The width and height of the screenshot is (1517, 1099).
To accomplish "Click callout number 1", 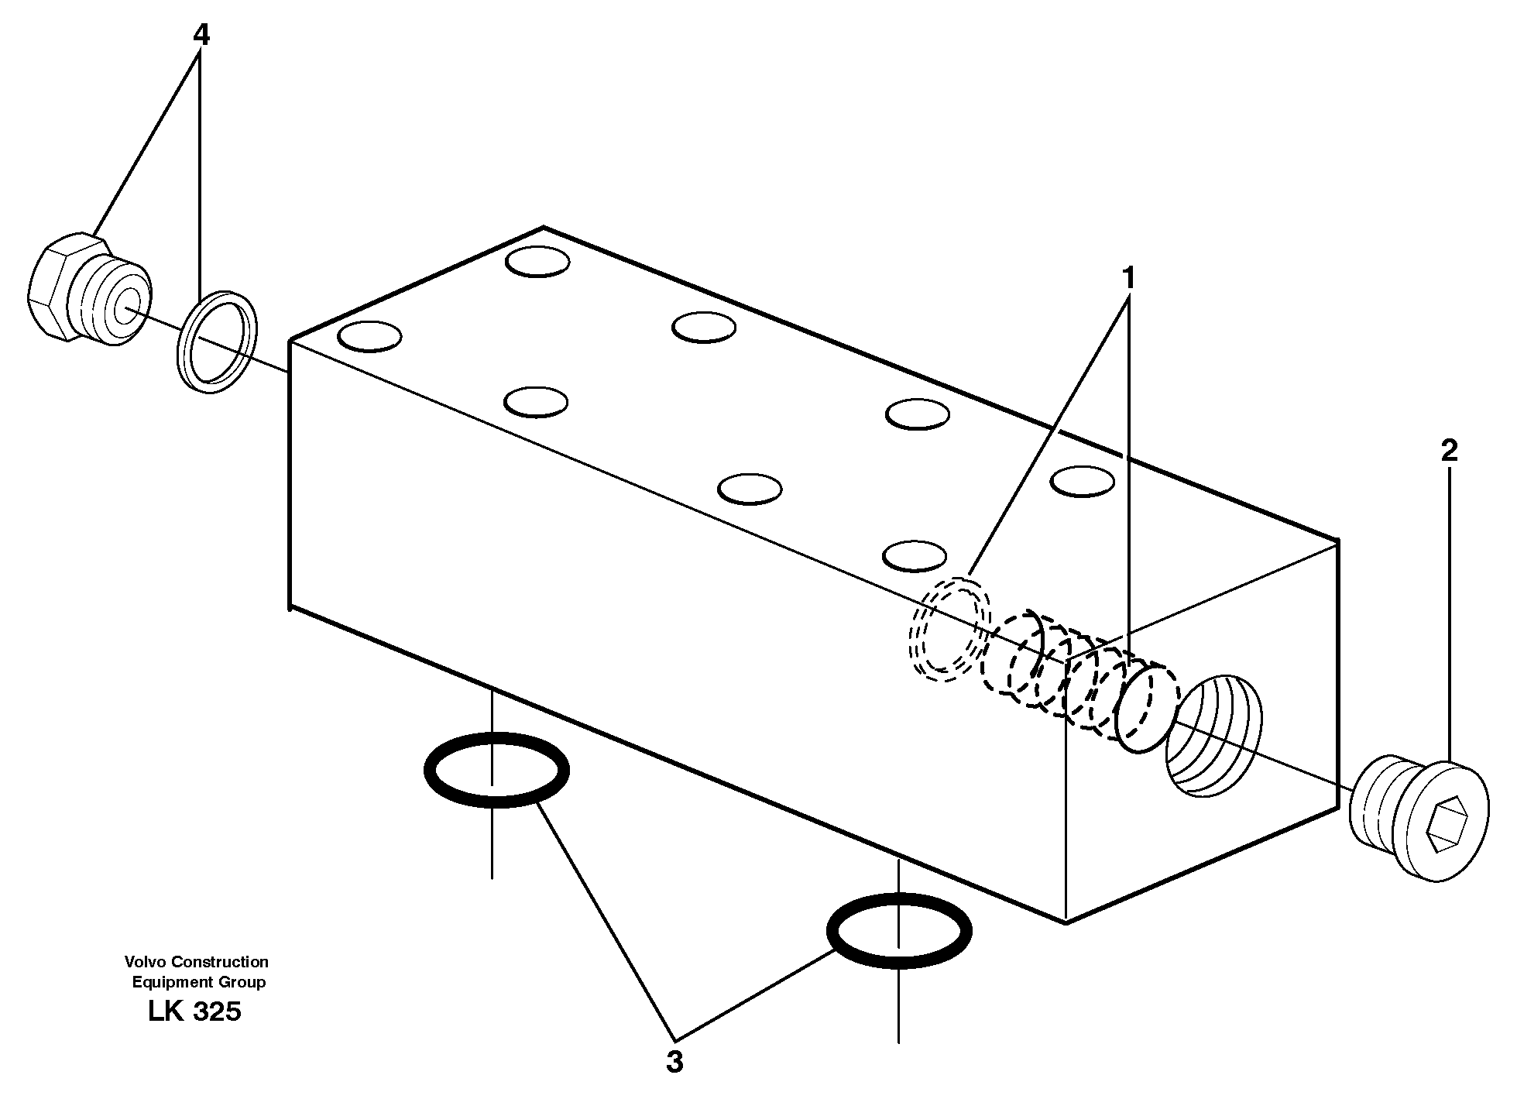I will click(1128, 278).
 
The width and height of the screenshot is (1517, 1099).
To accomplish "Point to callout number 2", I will click(1449, 451).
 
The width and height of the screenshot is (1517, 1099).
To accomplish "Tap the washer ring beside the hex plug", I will click(218, 342).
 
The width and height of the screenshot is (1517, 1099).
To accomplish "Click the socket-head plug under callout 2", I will click(1419, 821).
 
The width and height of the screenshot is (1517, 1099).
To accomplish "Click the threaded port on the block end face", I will click(1213, 734).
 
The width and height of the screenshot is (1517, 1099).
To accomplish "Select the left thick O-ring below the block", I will click(496, 770).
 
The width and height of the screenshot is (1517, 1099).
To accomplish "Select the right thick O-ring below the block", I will click(898, 932).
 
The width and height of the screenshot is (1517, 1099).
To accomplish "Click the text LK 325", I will click(194, 1011).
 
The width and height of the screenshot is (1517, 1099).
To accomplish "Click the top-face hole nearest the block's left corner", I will click(370, 337).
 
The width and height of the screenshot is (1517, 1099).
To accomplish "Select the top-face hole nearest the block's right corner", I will click(1082, 481).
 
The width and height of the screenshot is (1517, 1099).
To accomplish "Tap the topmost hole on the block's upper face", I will click(537, 261).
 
